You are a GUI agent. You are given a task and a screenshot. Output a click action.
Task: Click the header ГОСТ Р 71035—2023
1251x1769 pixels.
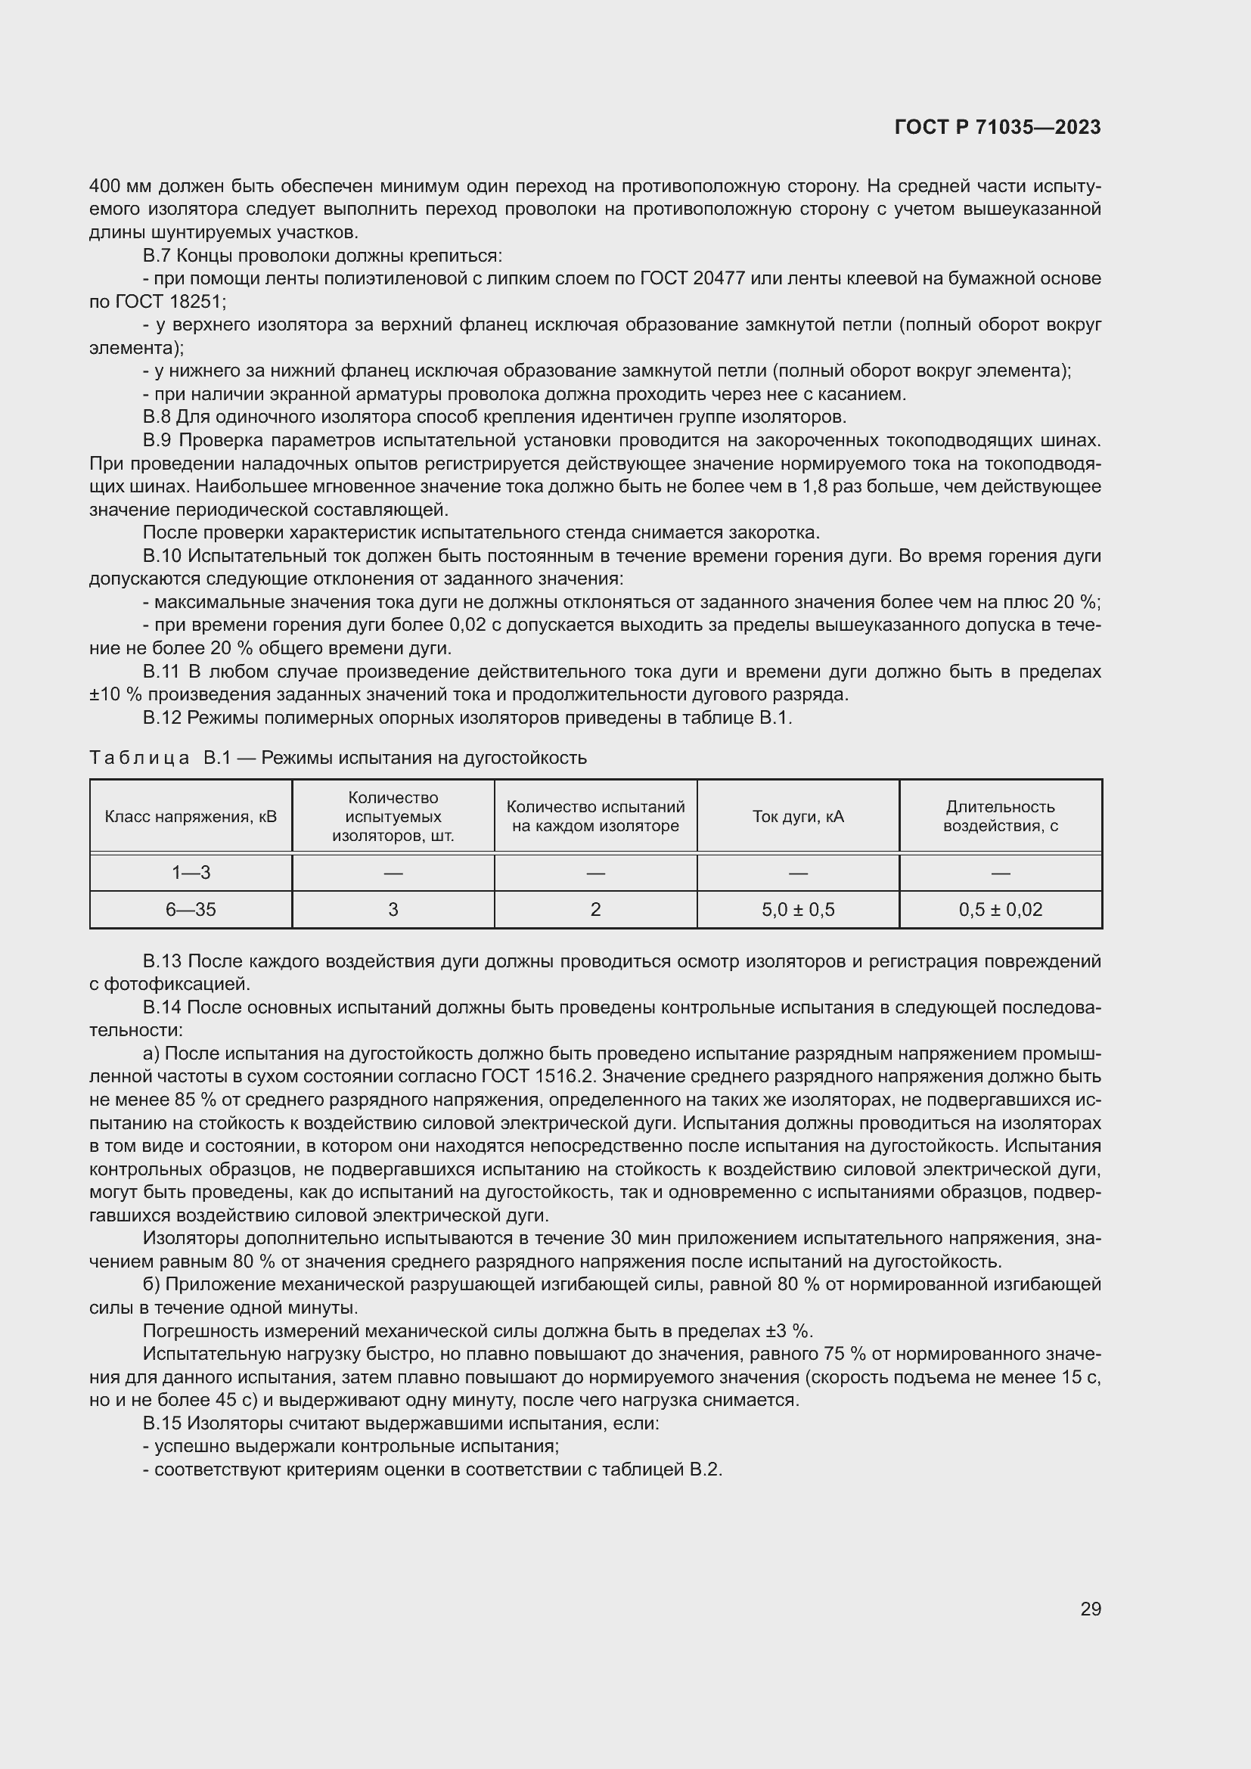click(x=997, y=127)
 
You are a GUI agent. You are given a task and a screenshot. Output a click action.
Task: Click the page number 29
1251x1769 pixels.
click(x=1090, y=1609)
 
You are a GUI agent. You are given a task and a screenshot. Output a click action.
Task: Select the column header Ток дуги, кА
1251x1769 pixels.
click(x=797, y=816)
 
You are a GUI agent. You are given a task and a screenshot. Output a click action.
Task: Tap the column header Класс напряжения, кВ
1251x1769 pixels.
click(x=191, y=816)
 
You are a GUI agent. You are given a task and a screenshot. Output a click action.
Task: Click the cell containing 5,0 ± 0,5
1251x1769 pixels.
click(x=797, y=909)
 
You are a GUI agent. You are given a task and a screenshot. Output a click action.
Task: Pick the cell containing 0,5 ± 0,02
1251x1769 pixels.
click(x=1000, y=909)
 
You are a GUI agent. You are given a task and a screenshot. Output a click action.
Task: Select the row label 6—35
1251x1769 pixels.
click(x=191, y=909)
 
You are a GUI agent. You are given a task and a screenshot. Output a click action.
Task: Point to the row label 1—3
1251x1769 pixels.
click(x=191, y=872)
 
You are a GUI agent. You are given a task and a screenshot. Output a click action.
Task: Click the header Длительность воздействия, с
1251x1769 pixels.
click(x=1000, y=816)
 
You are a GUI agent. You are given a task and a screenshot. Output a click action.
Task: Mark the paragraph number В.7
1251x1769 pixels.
click(x=157, y=255)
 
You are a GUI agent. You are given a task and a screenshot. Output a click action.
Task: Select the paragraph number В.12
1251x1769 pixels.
click(x=162, y=717)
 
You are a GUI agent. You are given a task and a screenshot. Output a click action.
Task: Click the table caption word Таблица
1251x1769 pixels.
click(x=139, y=757)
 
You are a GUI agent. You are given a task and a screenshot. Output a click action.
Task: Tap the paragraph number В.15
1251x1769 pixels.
click(x=162, y=1423)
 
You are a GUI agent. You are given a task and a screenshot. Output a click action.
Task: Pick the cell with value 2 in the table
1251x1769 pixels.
click(x=594, y=909)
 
